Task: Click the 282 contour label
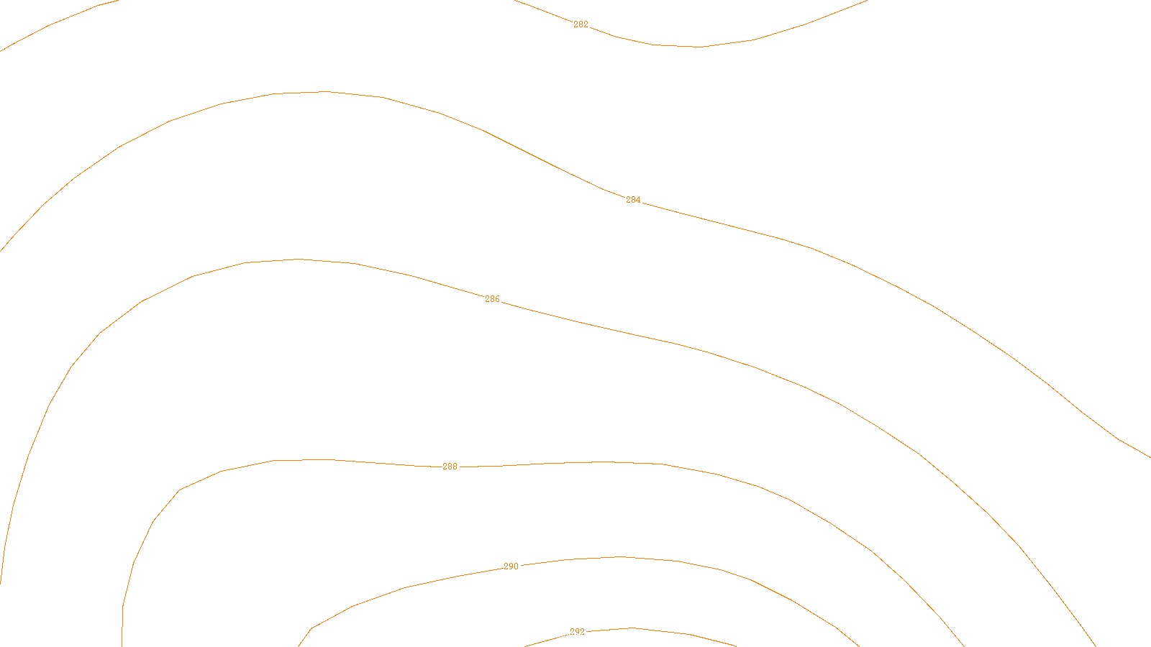(x=581, y=24)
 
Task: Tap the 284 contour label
(x=633, y=200)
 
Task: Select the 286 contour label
(x=492, y=299)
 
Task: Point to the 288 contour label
(x=450, y=467)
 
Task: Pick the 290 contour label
(x=511, y=566)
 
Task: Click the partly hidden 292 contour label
(x=577, y=631)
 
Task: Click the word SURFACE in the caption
(x=575, y=635)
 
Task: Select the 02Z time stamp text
(x=546, y=635)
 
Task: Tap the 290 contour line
(x=676, y=561)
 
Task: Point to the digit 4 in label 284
(x=638, y=200)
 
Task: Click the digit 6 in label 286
(x=497, y=299)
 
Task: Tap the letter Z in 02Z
(x=551, y=635)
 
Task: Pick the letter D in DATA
(x=601, y=635)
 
